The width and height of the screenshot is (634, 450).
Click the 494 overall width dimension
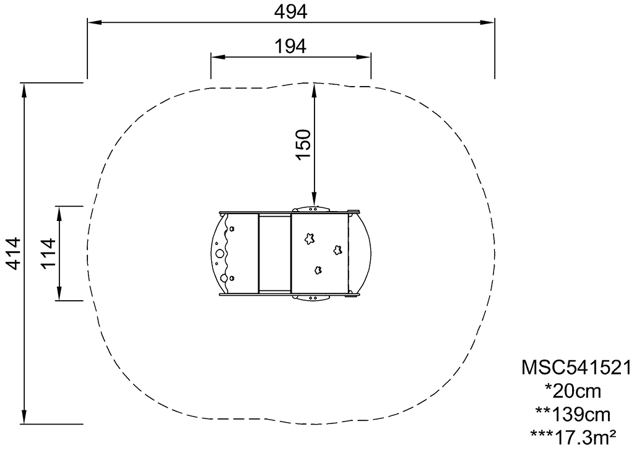click(291, 12)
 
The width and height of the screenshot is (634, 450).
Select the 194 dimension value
click(290, 46)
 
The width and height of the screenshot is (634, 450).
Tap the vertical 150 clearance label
click(303, 144)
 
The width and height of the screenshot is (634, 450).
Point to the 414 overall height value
click(14, 254)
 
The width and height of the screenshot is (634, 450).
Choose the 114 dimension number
click(48, 254)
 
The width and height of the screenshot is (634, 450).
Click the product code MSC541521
click(576, 368)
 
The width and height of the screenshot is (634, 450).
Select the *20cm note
click(573, 391)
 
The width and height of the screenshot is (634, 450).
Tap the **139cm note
click(573, 415)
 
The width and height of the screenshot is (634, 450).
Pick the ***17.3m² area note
click(573, 437)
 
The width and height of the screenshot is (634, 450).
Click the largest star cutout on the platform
click(310, 238)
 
